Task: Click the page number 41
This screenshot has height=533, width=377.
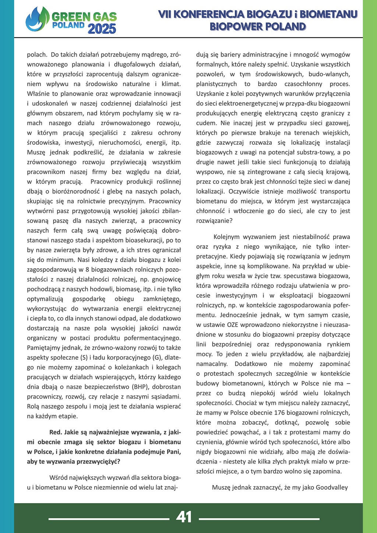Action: [x=184, y=517]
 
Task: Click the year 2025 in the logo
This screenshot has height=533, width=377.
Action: [x=102, y=29]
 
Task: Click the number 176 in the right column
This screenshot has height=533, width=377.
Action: [x=279, y=413]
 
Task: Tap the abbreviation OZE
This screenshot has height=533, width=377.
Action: [x=233, y=325]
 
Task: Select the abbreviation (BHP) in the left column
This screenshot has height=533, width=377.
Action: [x=140, y=387]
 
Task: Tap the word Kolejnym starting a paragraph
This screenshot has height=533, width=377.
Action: [x=226, y=237]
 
